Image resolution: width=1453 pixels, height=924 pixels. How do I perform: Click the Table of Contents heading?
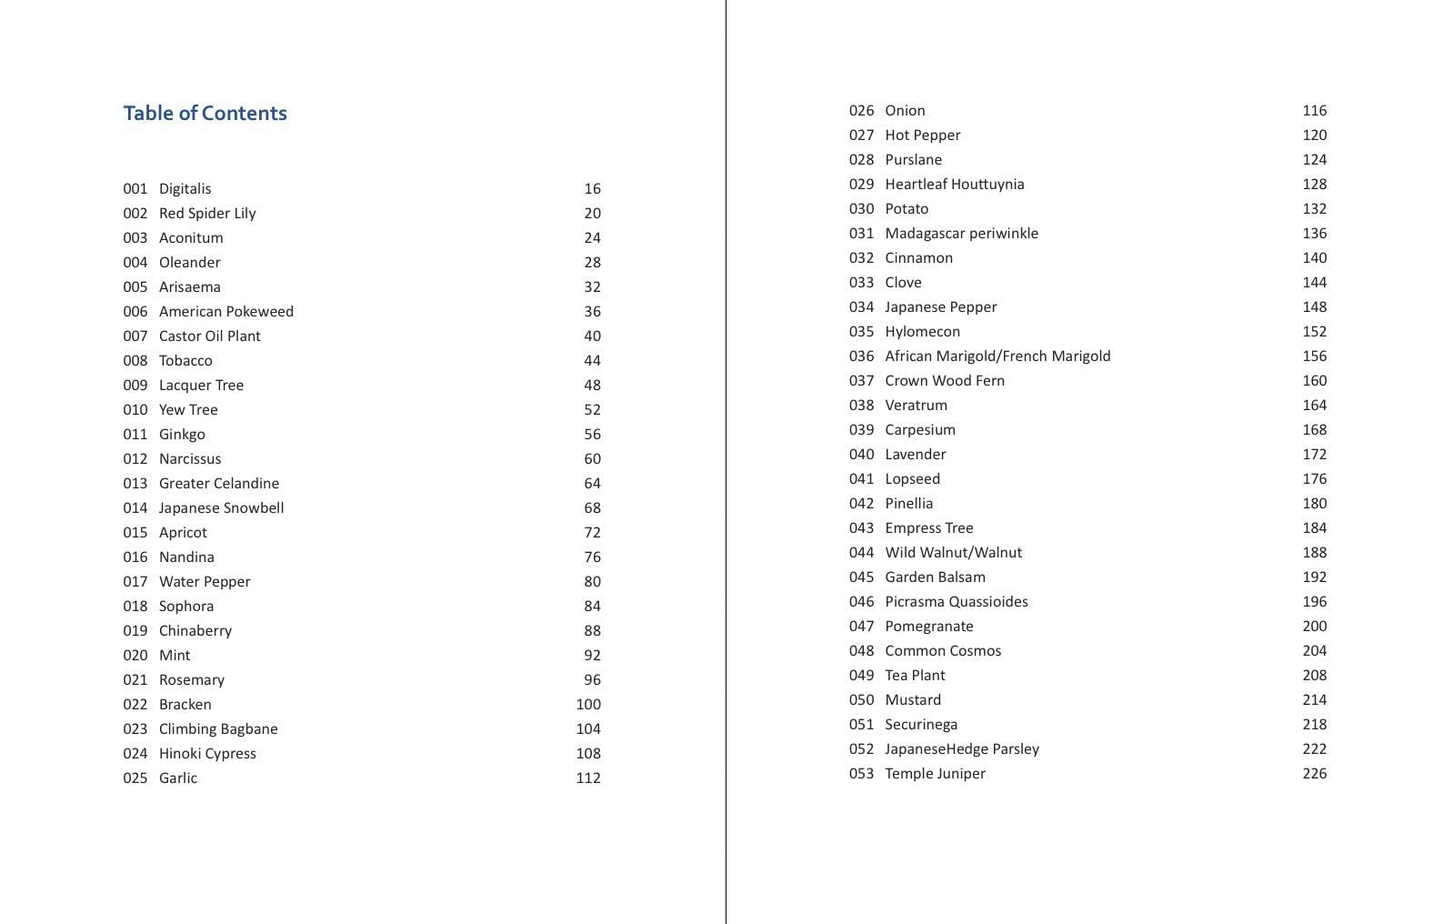205,113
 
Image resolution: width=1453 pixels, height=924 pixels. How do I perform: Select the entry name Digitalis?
185,188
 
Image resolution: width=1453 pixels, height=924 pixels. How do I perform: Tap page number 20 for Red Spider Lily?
592,213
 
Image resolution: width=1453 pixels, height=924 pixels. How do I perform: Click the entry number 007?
135,336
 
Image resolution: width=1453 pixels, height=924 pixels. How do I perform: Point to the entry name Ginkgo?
182,434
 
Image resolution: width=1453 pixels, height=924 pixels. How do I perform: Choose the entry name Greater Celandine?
218,483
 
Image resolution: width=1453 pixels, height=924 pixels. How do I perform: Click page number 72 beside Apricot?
592,532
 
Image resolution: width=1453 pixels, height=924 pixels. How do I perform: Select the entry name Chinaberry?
195,630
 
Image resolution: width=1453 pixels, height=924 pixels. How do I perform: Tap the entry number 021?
135,679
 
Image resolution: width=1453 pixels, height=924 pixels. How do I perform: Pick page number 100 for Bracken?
588,704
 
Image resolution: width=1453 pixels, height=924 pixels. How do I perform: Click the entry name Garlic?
177,778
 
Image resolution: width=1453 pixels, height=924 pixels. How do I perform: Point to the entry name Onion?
905,110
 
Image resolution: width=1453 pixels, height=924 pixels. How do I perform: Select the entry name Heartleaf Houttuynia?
954,184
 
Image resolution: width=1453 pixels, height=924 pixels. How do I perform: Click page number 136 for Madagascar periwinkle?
1314,233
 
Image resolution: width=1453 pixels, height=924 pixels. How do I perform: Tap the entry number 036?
861,356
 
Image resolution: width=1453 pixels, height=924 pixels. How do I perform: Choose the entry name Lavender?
915,454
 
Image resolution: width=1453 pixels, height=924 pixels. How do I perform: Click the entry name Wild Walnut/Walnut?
953,552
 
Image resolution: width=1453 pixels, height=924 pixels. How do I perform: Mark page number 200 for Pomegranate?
1314,626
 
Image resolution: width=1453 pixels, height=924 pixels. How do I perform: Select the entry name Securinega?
920,724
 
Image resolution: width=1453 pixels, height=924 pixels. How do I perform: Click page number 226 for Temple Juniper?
1314,773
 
